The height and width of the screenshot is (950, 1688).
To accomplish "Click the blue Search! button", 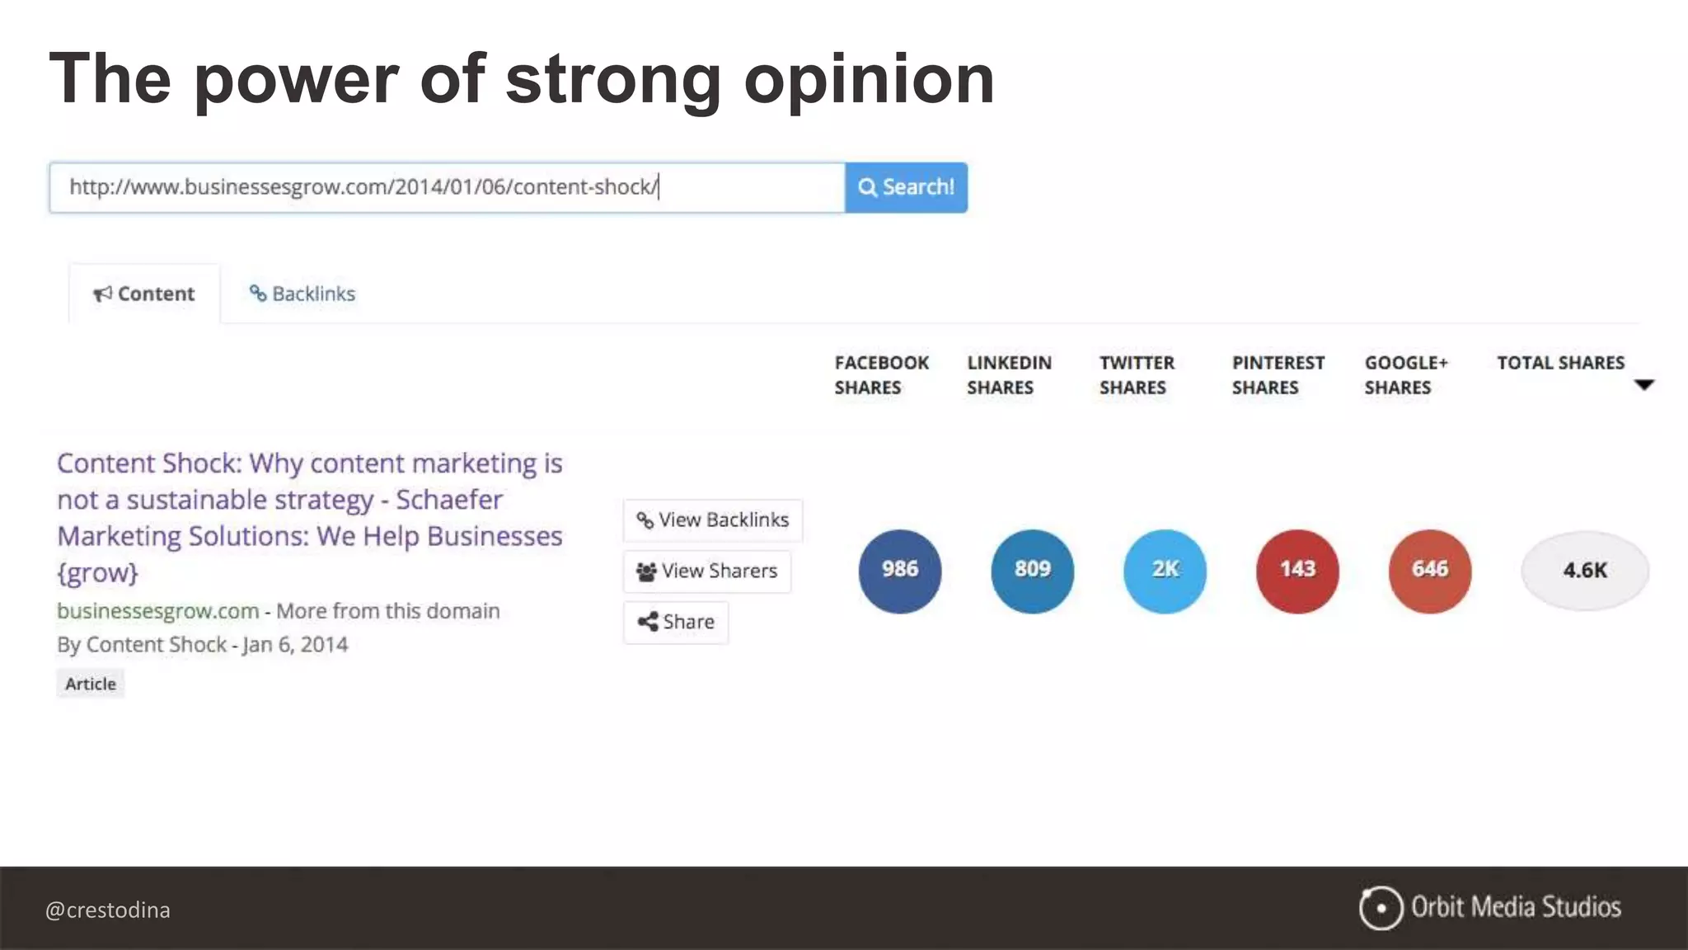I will pos(906,187).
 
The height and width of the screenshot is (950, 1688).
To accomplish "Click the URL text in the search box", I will pos(363,187).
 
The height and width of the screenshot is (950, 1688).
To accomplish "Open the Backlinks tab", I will pos(302,294).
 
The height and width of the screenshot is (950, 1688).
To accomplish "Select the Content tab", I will pos(144,294).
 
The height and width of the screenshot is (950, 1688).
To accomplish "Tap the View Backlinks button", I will pos(712,520).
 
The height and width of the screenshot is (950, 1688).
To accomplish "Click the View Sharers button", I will pos(707,571).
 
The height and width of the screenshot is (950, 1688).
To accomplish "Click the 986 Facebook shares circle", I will pos(899,571).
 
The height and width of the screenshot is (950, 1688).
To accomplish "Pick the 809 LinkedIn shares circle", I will pos(1032,571).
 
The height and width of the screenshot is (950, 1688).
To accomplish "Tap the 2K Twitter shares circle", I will pos(1165,571).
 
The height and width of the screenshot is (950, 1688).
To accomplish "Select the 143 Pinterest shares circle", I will pos(1297,571).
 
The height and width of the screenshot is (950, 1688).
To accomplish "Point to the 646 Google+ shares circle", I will pos(1429,571).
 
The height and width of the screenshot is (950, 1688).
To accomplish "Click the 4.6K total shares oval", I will pos(1584,571).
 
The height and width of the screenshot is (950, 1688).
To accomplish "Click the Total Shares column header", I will pos(1560,363).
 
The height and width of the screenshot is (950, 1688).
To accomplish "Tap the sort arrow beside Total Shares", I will pos(1643,385).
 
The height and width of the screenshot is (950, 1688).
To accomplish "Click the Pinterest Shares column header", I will pos(1278,375).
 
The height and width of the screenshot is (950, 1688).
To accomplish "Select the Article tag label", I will pos(91,684).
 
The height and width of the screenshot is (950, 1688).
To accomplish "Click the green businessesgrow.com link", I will pos(157,611).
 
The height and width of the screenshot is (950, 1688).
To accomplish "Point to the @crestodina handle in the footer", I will pos(108,910).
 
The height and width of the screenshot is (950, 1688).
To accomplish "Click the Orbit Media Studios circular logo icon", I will pos(1381,908).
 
